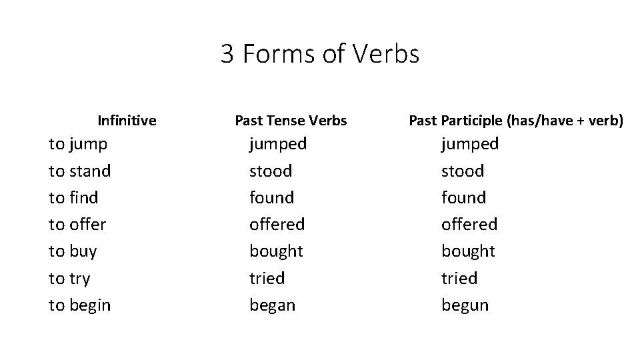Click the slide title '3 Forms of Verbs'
click(x=320, y=54)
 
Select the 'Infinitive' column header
click(x=127, y=121)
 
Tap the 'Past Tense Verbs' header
click(x=291, y=121)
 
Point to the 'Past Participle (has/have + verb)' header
click(x=516, y=121)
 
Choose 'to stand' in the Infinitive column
click(x=80, y=171)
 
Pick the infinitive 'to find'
click(x=73, y=197)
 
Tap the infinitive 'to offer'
click(x=77, y=224)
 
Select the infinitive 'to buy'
click(x=73, y=251)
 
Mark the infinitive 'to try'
click(x=69, y=279)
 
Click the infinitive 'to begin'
click(x=80, y=305)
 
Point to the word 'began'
click(x=272, y=305)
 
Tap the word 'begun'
click(x=465, y=305)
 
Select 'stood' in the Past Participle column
click(x=463, y=171)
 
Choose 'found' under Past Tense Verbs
click(x=271, y=197)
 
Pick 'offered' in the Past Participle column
click(x=469, y=224)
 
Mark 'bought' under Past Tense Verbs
click(x=276, y=251)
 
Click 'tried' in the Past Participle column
click(x=459, y=278)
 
